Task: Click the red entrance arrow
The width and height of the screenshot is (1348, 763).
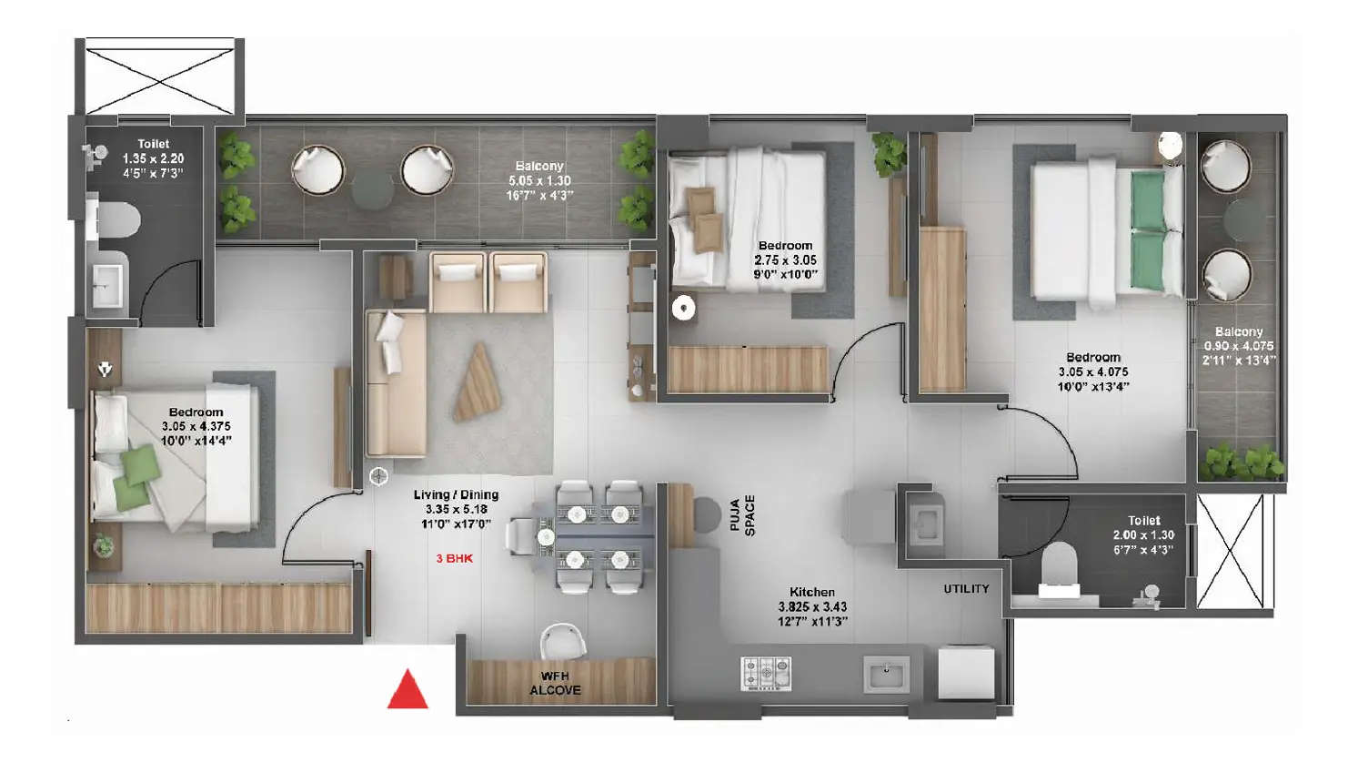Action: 407,690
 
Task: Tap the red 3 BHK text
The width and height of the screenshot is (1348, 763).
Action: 454,558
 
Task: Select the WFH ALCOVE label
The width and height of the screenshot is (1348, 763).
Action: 555,683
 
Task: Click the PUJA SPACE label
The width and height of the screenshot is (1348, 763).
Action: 743,515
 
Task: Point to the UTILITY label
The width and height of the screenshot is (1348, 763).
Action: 966,589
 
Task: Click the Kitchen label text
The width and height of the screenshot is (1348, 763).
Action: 811,592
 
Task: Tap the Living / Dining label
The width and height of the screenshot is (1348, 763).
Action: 456,494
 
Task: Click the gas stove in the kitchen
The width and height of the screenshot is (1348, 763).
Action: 767,674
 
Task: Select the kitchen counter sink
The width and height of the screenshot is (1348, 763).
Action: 886,675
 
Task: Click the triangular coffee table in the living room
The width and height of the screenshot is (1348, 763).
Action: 478,382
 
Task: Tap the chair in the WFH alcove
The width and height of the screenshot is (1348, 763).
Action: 561,641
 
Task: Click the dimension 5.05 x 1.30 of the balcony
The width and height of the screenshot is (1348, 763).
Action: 539,180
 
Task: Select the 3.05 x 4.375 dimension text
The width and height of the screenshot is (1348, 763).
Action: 196,426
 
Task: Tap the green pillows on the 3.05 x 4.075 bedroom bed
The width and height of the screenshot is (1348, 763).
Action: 1148,229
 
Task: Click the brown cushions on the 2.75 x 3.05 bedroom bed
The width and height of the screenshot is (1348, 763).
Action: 703,218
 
